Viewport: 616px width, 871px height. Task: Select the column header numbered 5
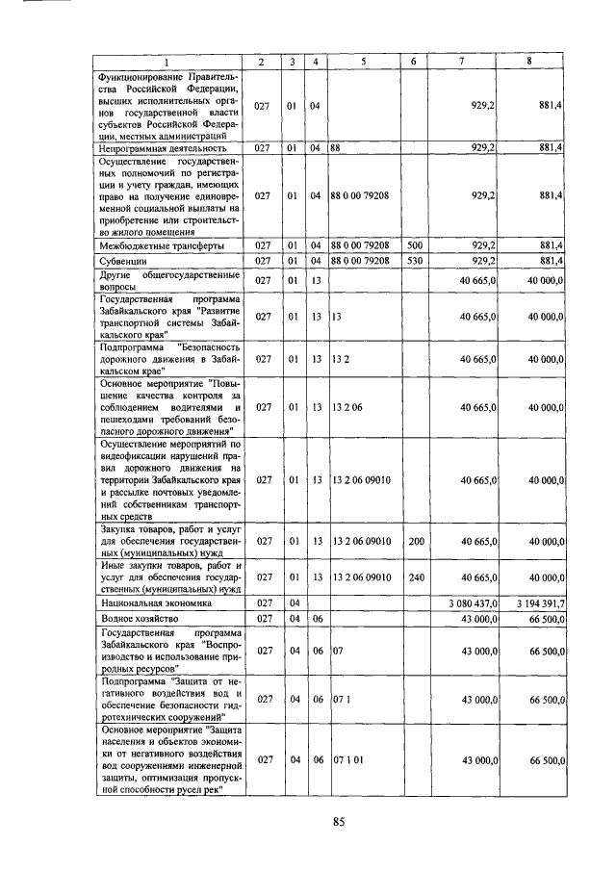point(364,63)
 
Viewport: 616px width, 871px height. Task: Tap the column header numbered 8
point(528,63)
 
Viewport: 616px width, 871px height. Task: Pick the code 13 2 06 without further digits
point(346,406)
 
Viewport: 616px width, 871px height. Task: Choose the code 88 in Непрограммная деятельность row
point(337,148)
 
